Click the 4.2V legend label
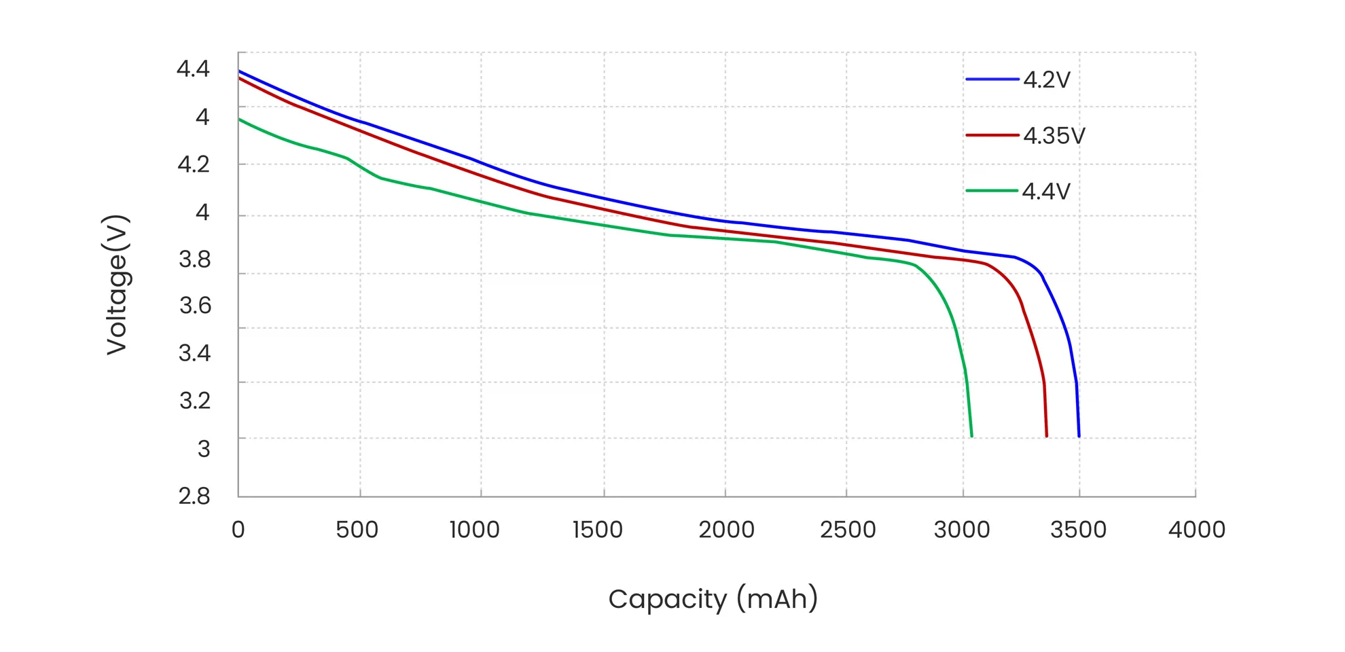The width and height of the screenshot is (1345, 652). [1046, 80]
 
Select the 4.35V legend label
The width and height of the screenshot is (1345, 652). [1054, 136]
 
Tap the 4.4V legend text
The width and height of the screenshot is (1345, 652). [1045, 192]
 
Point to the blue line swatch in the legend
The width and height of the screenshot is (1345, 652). [992, 79]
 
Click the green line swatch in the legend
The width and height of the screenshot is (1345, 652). [992, 191]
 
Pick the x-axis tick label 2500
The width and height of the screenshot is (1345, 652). [847, 530]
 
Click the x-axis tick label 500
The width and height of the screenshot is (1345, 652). [357, 530]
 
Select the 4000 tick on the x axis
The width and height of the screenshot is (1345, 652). [1196, 530]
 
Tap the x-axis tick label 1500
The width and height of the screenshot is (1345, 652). [597, 530]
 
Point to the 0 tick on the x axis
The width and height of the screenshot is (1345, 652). [238, 530]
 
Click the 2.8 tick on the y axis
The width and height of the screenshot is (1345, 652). [194, 496]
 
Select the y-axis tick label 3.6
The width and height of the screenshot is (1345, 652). [195, 306]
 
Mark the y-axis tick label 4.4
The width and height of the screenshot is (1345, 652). [193, 69]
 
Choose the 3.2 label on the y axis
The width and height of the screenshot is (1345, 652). [195, 400]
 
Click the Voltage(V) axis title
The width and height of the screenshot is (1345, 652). [117, 285]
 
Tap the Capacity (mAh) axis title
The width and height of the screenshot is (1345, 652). [713, 599]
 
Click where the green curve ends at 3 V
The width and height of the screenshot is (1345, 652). [971, 435]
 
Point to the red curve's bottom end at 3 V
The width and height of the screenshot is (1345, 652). [1046, 435]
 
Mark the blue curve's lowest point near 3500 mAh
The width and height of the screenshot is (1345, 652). [1079, 435]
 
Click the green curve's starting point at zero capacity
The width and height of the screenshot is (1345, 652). [240, 120]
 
